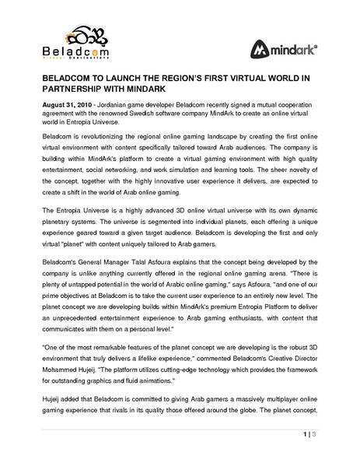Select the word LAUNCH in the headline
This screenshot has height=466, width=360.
point(126,79)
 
